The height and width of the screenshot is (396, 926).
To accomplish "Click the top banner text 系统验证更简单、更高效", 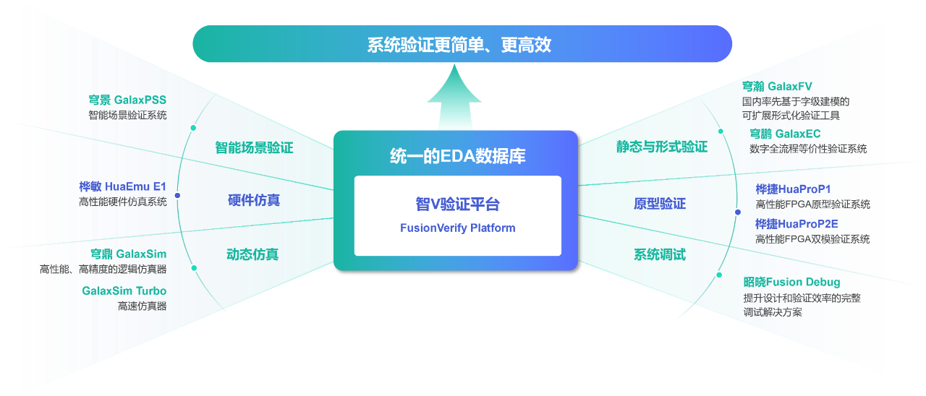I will pyautogui.click(x=459, y=45).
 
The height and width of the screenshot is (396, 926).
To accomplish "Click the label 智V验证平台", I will pyautogui.click(x=457, y=205).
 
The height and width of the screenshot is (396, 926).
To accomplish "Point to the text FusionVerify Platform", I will pyautogui.click(x=457, y=228).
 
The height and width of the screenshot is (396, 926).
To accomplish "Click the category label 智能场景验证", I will pyautogui.click(x=254, y=148).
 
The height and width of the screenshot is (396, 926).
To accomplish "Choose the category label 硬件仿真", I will pyautogui.click(x=253, y=200).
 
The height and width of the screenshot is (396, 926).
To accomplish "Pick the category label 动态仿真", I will pyautogui.click(x=252, y=254).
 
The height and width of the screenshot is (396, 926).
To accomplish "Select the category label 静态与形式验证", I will pyautogui.click(x=661, y=147).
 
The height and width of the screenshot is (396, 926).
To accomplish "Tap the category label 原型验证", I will pyautogui.click(x=659, y=204).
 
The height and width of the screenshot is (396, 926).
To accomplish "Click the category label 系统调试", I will pyautogui.click(x=659, y=255).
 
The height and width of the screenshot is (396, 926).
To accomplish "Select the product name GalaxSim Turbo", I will pyautogui.click(x=124, y=290).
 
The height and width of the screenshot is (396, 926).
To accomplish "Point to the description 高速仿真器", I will pyautogui.click(x=142, y=306).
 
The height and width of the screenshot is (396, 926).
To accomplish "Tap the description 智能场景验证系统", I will pyautogui.click(x=127, y=115).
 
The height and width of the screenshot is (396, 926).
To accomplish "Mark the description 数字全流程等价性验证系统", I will pyautogui.click(x=807, y=149).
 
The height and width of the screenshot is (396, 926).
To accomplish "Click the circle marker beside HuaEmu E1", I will pyautogui.click(x=177, y=195).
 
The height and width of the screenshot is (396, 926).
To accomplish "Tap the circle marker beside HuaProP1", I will pyautogui.click(x=737, y=212).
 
